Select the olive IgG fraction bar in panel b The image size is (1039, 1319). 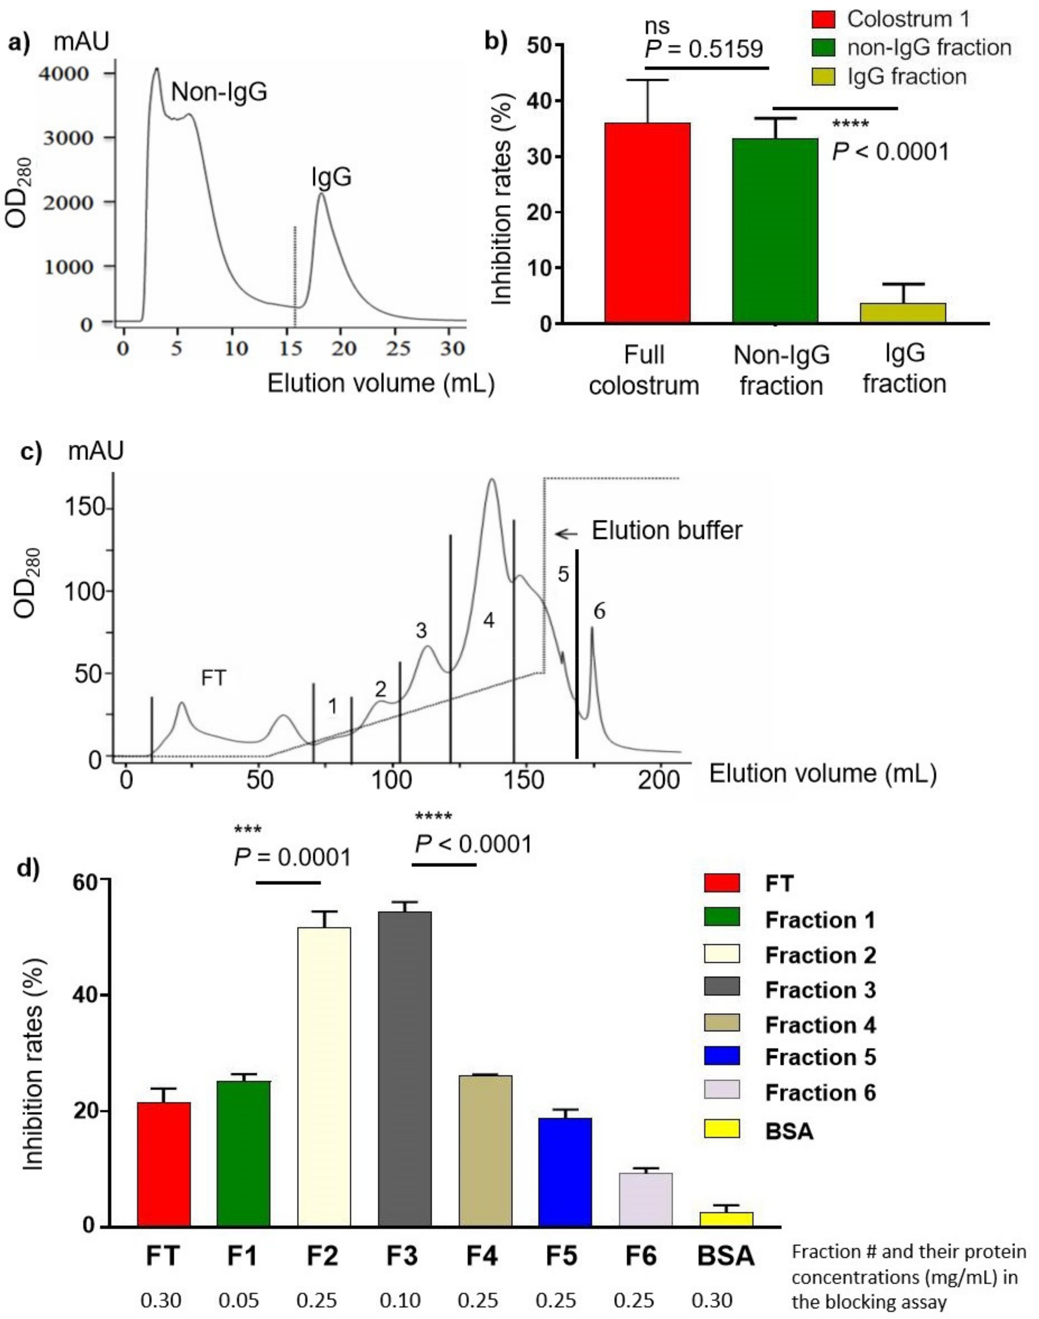click(x=903, y=313)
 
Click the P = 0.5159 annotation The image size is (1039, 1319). click(x=703, y=49)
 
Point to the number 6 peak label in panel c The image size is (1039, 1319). click(x=599, y=611)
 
